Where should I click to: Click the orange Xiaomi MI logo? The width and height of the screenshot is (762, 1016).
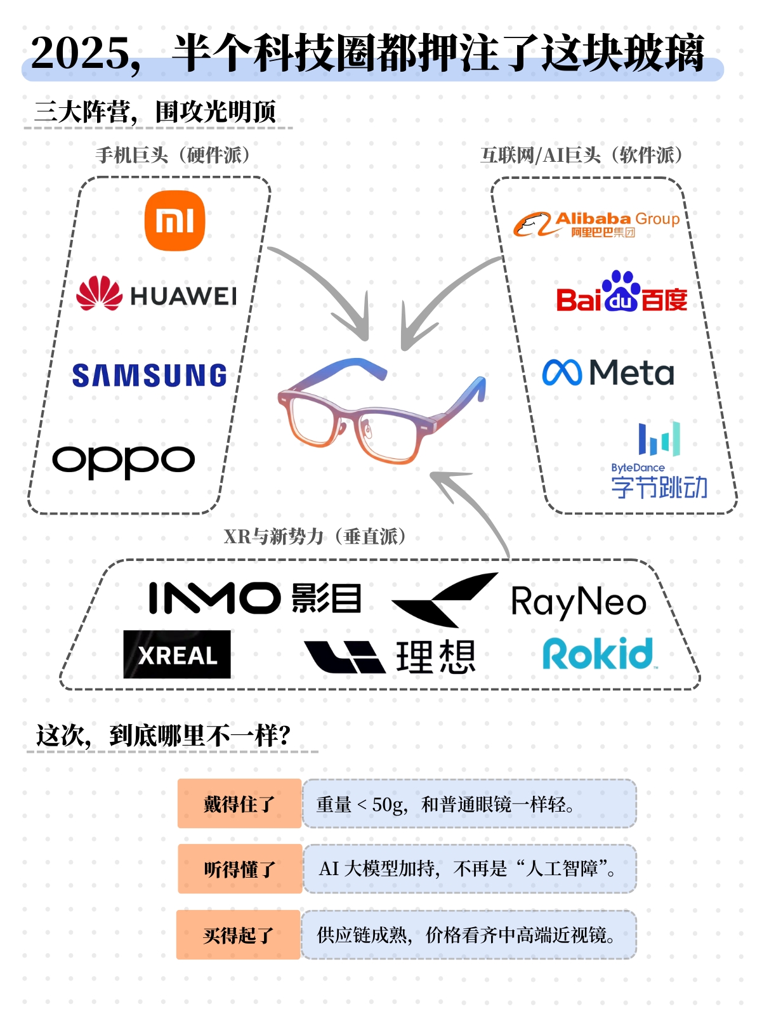(174, 221)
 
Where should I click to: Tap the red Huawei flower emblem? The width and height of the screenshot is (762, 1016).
(99, 293)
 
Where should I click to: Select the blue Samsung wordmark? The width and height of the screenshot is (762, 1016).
(150, 375)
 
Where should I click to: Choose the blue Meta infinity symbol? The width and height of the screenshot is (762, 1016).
(562, 373)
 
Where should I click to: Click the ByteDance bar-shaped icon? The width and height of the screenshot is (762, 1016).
(659, 439)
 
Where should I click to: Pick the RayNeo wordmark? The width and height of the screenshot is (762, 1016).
(578, 602)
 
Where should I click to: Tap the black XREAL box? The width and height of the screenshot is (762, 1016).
(177, 654)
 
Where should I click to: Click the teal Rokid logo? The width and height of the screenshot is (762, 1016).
(598, 654)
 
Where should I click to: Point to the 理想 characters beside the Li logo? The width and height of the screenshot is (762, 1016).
(436, 657)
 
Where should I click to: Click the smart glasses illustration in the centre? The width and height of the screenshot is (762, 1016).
(381, 409)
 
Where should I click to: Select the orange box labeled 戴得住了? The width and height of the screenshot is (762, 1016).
(239, 803)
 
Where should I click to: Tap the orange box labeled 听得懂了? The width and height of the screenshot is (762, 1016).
(240, 869)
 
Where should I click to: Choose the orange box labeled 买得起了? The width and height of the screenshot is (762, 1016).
(239, 935)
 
